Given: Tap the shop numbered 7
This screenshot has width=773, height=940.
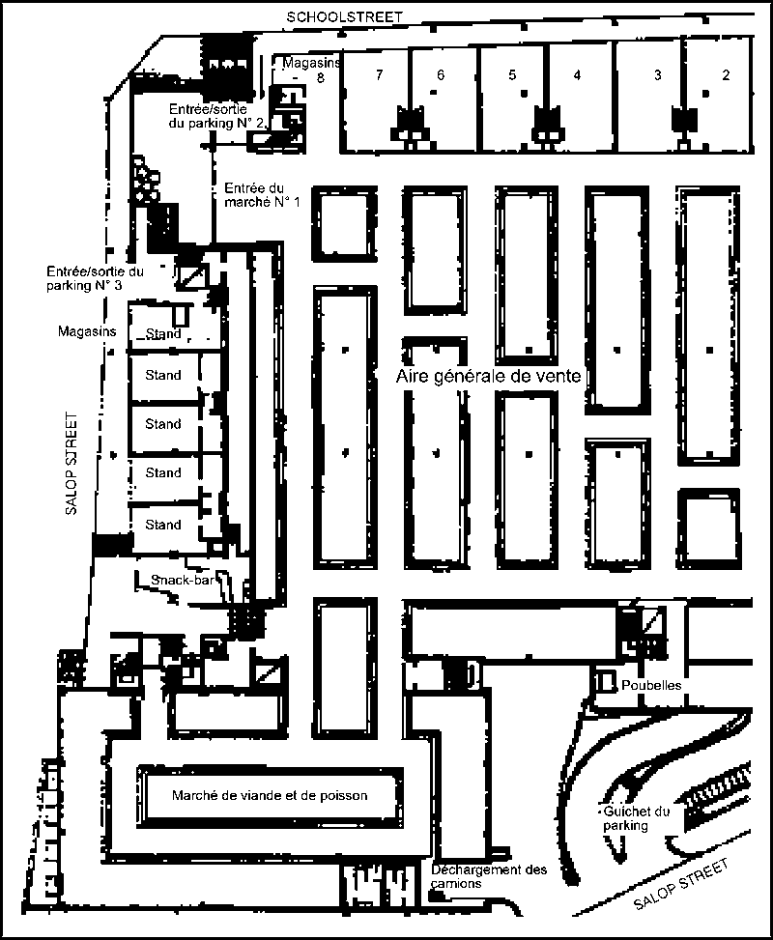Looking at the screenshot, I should click(x=380, y=74).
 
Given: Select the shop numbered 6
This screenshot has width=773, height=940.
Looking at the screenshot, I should click(x=440, y=74).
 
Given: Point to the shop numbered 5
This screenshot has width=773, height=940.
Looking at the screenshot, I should click(x=512, y=74).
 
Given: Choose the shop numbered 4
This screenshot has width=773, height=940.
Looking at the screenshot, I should click(x=577, y=74).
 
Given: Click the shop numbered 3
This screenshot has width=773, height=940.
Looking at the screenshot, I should click(x=658, y=74).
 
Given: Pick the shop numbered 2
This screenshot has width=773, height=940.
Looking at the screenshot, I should click(x=725, y=74).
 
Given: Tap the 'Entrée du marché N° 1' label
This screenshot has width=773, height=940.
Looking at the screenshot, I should click(x=262, y=195).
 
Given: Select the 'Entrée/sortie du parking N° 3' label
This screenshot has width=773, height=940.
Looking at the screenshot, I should click(x=94, y=279).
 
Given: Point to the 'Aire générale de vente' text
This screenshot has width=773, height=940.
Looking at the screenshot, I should click(x=489, y=377).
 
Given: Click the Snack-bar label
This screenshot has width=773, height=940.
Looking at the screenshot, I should click(x=181, y=580).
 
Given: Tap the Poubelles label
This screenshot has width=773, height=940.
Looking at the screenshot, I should click(x=652, y=685).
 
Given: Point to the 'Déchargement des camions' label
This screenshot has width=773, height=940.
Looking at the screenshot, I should click(x=488, y=876).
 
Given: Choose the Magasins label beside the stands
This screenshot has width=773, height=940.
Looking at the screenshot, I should click(x=87, y=331).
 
